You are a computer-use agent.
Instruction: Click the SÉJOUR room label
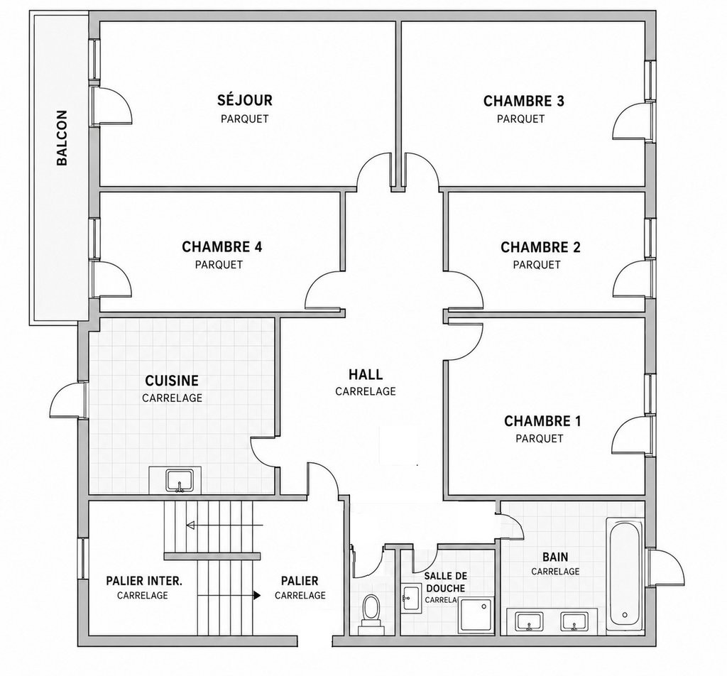(245, 100)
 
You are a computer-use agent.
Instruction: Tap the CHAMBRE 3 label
(523, 101)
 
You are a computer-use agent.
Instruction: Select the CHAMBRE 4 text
(222, 246)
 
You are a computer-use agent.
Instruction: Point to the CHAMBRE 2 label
(540, 247)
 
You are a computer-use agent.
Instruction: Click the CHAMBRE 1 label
(542, 421)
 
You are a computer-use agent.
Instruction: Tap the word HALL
(366, 374)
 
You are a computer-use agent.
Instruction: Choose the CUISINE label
(172, 381)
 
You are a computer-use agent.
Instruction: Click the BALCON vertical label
(62, 138)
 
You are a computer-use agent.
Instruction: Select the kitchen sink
(180, 481)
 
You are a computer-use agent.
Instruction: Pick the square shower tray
(476, 615)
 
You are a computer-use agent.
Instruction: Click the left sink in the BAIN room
(529, 621)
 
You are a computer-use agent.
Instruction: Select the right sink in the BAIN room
(574, 621)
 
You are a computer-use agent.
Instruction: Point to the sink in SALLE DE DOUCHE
(411, 599)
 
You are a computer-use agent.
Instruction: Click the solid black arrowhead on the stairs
(257, 595)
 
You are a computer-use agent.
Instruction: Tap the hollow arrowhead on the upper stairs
(190, 525)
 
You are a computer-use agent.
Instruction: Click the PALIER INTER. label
(143, 580)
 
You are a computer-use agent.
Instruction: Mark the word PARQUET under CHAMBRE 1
(540, 438)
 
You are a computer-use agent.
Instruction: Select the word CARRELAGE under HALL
(366, 391)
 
